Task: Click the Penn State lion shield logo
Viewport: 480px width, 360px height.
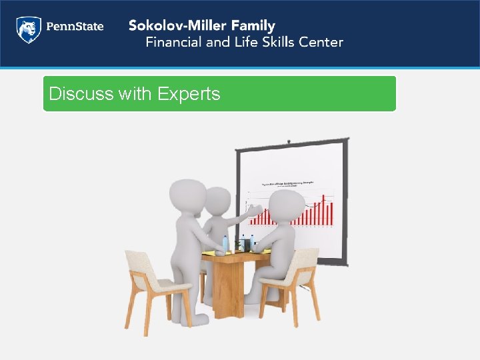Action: [x=29, y=30]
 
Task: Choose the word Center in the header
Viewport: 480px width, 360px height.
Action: [x=323, y=43]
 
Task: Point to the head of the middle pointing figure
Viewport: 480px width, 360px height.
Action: [x=217, y=200]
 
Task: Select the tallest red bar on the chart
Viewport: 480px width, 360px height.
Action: [x=325, y=210]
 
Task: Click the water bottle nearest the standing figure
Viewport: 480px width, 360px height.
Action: [x=225, y=244]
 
